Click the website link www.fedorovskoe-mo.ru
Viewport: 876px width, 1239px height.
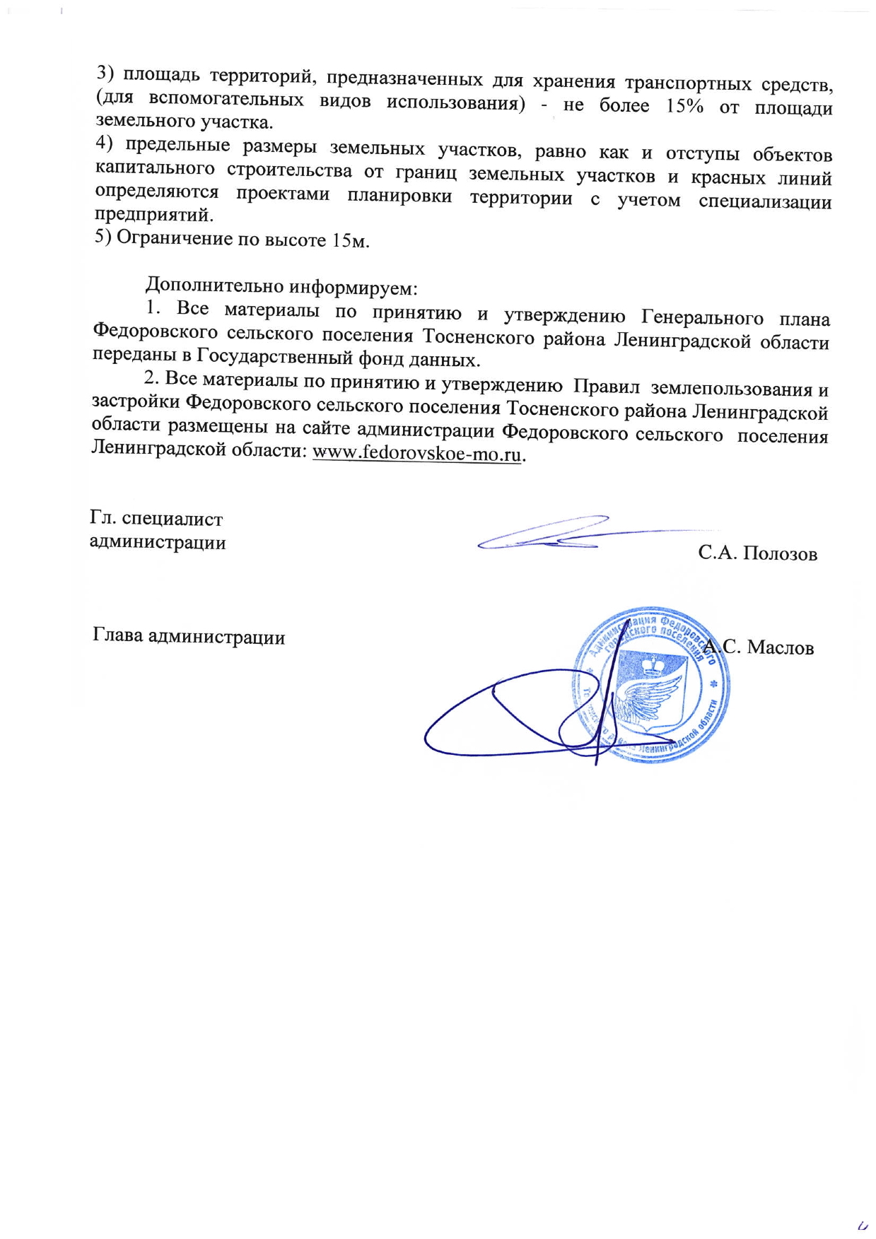pyautogui.click(x=416, y=453)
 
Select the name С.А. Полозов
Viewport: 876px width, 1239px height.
pyautogui.click(x=757, y=553)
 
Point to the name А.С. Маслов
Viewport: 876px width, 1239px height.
pyautogui.click(x=759, y=647)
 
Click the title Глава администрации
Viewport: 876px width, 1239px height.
pyautogui.click(x=189, y=637)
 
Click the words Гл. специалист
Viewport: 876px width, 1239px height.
pyautogui.click(x=156, y=519)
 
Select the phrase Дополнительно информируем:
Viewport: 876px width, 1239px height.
pyautogui.click(x=281, y=287)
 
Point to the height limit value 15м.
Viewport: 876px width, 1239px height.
pyautogui.click(x=351, y=240)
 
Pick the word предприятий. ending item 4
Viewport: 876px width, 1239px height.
pyautogui.click(x=154, y=213)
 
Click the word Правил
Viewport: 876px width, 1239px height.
pyautogui.click(x=606, y=387)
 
